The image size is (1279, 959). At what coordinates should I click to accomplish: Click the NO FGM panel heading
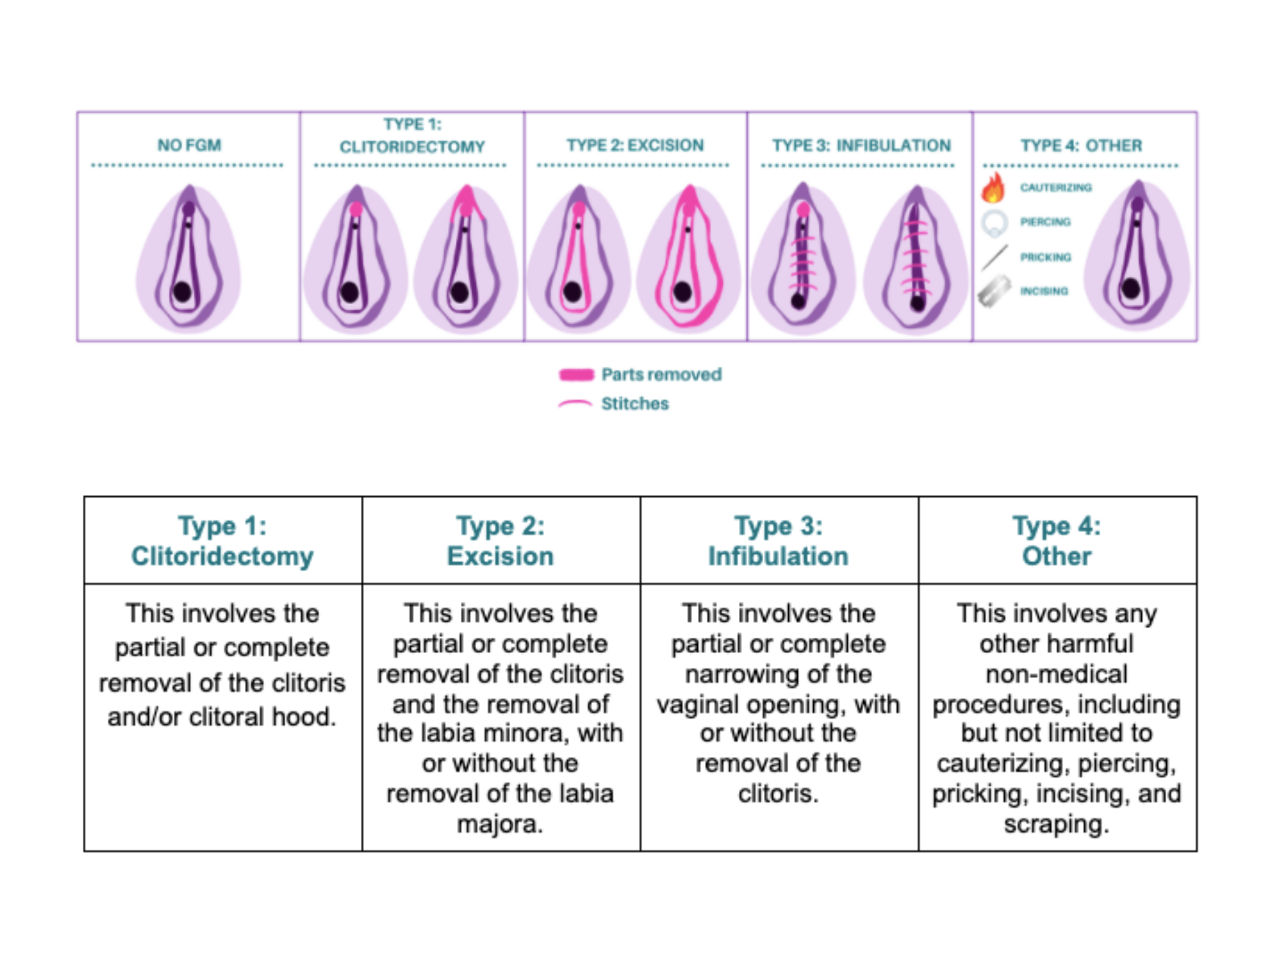click(x=189, y=145)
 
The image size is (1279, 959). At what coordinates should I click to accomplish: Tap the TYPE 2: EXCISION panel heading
click(x=635, y=145)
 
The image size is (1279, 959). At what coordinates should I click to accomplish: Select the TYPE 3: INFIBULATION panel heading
click(x=861, y=145)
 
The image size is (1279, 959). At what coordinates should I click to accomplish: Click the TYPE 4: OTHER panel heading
click(x=1081, y=145)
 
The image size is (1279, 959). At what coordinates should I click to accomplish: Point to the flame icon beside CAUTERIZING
click(x=993, y=188)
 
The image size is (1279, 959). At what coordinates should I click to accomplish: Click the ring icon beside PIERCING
click(x=994, y=223)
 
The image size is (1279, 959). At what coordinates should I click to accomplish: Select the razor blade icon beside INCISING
click(x=994, y=291)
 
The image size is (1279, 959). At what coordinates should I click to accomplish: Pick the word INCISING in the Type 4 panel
click(x=1044, y=291)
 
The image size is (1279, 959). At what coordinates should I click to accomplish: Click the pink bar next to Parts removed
click(x=576, y=375)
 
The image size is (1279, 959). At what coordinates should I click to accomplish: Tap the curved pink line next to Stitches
click(x=575, y=404)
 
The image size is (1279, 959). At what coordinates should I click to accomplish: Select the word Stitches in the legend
click(x=635, y=403)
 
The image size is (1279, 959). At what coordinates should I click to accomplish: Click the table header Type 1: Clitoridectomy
click(x=223, y=541)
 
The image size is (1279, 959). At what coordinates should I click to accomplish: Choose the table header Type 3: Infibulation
click(x=778, y=541)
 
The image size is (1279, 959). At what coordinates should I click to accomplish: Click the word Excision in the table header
click(x=500, y=557)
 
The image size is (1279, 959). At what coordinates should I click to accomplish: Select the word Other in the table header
click(x=1056, y=557)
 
